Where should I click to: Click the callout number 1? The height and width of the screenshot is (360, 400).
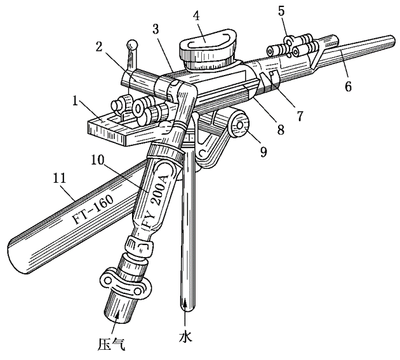point(75,102)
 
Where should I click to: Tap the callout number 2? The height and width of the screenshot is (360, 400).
point(100,47)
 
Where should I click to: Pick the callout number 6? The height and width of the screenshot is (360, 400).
point(348,86)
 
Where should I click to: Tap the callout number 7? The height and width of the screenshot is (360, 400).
point(300,116)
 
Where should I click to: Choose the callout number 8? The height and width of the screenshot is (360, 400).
point(281,130)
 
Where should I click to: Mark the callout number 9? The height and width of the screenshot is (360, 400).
point(263,152)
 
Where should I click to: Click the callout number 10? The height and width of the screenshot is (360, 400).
point(98,160)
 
